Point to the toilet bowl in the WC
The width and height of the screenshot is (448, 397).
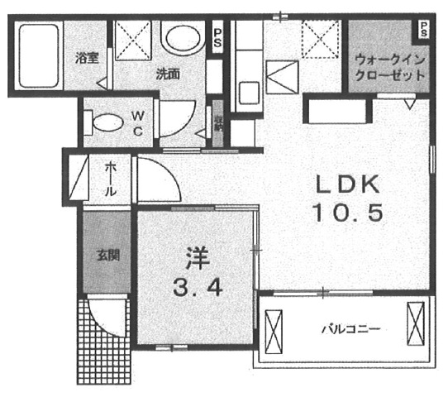point(107,123)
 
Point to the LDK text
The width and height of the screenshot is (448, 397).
point(346,184)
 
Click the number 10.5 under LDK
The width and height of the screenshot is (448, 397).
point(346,214)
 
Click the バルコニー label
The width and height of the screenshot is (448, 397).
point(350,329)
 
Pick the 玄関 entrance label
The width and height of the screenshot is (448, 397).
point(106,255)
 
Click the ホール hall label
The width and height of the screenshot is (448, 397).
point(111,178)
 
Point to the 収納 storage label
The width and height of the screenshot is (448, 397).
point(219,123)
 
